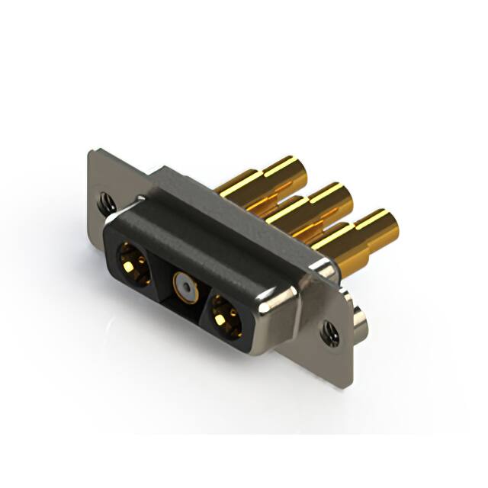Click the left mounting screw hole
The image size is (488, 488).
(106, 201)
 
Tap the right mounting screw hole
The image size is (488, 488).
(330, 331)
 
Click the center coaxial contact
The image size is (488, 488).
(184, 287)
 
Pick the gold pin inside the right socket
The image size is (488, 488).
(226, 317)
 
